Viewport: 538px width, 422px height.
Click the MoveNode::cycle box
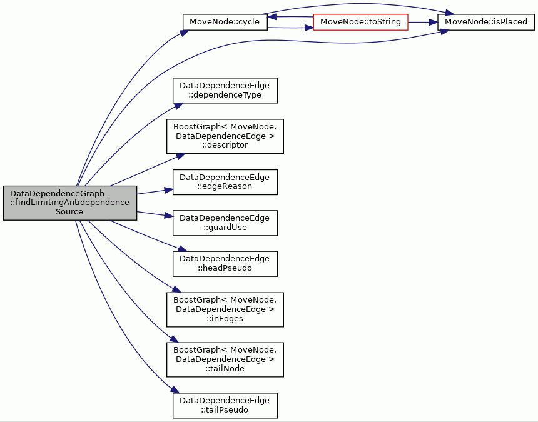pos(225,22)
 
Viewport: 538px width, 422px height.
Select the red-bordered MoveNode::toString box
pos(360,22)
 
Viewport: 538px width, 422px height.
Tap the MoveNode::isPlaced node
pos(486,22)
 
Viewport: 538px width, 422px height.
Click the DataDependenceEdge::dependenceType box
pos(225,91)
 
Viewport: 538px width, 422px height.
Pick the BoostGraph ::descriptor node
pos(225,136)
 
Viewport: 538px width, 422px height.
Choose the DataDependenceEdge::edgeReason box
pos(225,182)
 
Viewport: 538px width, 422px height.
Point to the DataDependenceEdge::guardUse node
pos(225,223)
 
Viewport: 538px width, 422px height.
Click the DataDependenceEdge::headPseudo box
pos(225,264)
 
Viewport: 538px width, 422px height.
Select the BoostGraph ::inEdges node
pos(225,309)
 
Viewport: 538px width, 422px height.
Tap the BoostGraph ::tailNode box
pos(225,359)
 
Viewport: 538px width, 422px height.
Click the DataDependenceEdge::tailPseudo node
pos(225,406)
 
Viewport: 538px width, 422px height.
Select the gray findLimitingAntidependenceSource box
pos(70,203)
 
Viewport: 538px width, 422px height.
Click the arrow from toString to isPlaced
pos(423,23)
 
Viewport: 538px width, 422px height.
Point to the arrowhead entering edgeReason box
pos(168,190)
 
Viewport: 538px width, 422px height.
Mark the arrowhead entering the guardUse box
pos(168,216)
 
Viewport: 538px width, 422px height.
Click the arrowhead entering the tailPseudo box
pos(175,389)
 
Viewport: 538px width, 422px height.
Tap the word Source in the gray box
pos(69,211)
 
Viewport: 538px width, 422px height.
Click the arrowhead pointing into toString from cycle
pos(309,28)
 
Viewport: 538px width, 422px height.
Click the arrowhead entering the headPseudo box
pos(183,249)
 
